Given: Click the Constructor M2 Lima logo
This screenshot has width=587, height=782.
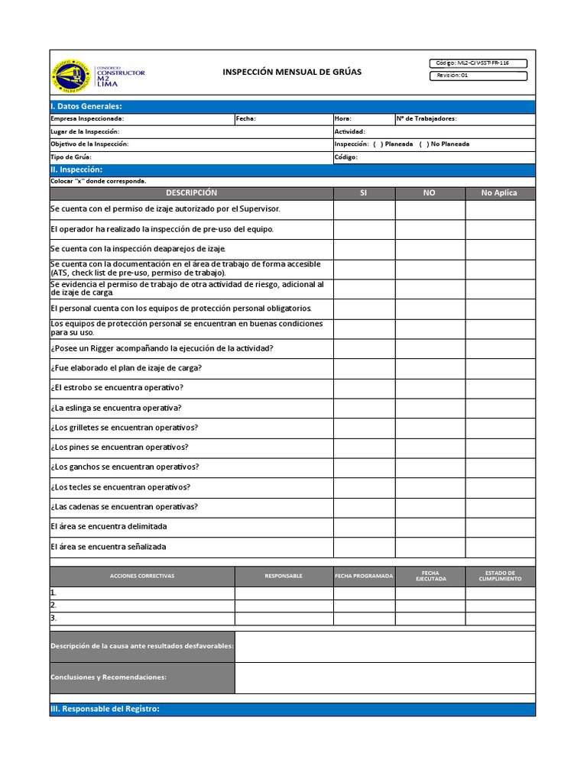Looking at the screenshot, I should click(x=97, y=74).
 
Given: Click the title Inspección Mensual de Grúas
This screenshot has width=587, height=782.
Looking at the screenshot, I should click(x=292, y=72).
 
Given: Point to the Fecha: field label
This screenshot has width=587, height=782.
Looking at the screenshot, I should click(x=246, y=119).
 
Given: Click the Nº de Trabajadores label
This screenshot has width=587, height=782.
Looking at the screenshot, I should click(x=426, y=119).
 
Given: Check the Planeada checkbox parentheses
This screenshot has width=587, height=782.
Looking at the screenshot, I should click(x=378, y=144).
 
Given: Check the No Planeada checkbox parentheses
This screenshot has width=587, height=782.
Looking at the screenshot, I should click(x=423, y=144).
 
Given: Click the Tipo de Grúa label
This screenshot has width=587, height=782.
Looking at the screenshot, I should click(x=71, y=157).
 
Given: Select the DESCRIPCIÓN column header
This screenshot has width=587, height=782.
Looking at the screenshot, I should click(x=191, y=193).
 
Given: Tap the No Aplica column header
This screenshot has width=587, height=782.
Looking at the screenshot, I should click(x=499, y=193).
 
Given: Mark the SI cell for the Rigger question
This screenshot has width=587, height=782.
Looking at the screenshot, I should click(x=364, y=348).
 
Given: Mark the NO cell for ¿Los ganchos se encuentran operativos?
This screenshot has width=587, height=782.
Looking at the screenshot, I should click(x=430, y=467).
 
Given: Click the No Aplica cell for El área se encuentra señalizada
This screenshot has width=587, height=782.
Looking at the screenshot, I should click(x=500, y=547).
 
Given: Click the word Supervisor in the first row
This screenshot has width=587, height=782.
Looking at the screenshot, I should click(x=260, y=208).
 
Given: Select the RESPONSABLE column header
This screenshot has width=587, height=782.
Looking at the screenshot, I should click(x=284, y=576).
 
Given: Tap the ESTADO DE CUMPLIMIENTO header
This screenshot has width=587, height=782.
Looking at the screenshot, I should click(x=500, y=576).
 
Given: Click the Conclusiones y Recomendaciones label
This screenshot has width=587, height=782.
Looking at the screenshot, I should click(x=109, y=677).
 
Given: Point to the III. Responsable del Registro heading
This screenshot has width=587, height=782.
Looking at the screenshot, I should click(x=105, y=709).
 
